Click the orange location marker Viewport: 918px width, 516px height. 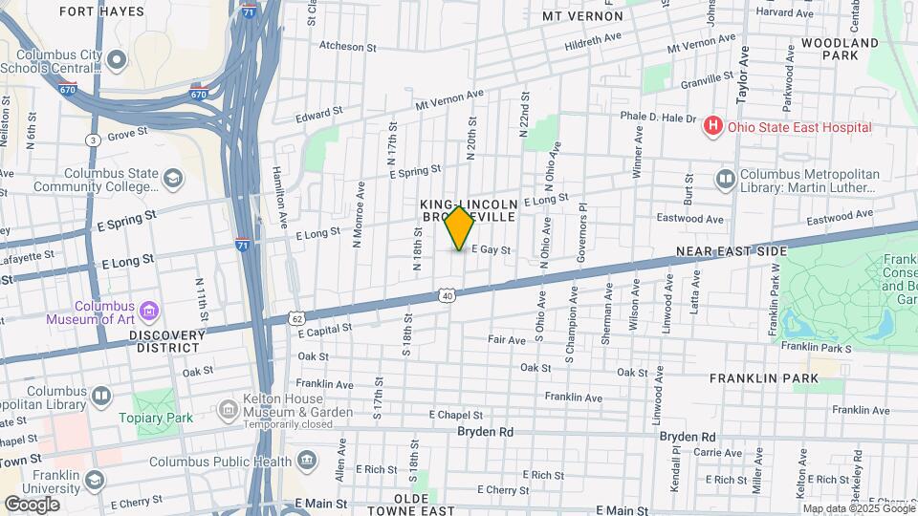point(460,228)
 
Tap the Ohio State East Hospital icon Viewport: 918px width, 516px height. point(711,126)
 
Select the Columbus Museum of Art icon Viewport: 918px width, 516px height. point(148,311)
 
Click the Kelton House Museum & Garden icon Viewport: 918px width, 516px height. point(228,411)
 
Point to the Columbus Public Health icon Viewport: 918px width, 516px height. point(307,462)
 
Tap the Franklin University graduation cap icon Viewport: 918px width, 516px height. point(94,480)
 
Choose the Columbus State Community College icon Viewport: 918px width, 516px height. point(173,180)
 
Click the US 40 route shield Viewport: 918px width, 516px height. point(448,296)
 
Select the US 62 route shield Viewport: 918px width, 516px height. point(297,317)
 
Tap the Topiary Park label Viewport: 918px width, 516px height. point(155,418)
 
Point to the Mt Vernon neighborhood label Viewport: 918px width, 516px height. point(582,16)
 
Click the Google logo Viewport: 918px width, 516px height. point(32,505)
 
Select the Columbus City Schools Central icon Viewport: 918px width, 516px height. point(117,61)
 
